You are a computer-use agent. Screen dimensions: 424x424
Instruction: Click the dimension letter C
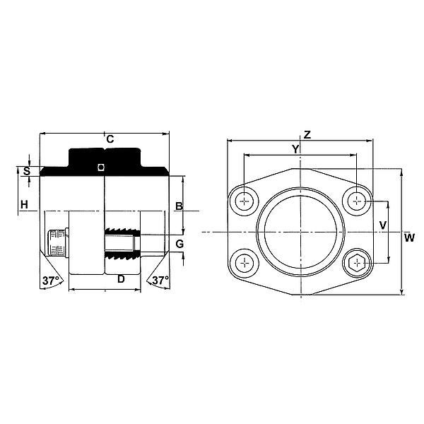pos(110,139)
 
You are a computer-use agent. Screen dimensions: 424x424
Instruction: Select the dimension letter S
pos(27,170)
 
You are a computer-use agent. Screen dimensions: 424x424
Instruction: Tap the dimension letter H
pos(24,205)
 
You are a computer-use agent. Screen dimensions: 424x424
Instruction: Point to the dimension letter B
pos(179,206)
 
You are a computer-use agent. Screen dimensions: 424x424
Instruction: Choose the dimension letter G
pos(179,244)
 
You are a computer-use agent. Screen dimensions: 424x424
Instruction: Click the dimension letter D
pos(121,279)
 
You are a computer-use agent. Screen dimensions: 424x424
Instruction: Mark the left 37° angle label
pos(51,281)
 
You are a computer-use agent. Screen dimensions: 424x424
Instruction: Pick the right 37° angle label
pos(160,281)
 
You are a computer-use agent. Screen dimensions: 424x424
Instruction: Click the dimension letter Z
pos(306,134)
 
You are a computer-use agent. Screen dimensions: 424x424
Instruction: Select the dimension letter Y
pos(296,148)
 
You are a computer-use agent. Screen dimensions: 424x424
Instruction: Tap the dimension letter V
pos(382,225)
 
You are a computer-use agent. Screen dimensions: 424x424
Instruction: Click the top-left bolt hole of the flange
pos(245,201)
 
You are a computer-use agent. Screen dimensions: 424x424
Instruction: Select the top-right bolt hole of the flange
pos(357,201)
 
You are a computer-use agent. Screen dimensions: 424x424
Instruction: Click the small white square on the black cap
pos(101,167)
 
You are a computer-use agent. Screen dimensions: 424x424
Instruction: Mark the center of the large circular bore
pos(300,232)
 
